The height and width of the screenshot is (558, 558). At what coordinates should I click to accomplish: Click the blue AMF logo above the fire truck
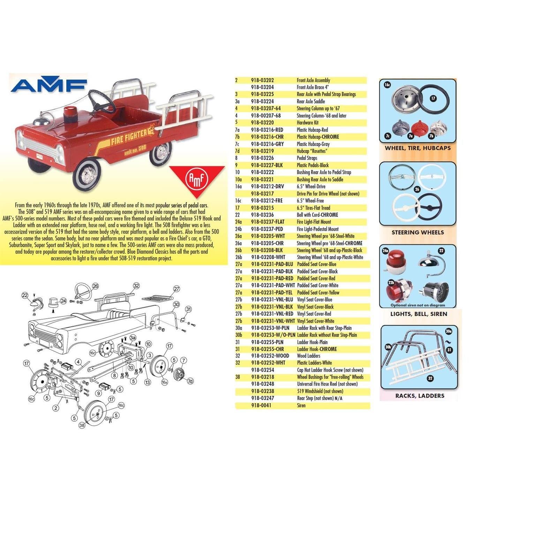click(x=49, y=85)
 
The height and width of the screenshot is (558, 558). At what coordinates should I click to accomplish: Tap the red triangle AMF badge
click(x=197, y=179)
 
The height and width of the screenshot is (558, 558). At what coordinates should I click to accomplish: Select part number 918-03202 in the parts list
click(x=262, y=80)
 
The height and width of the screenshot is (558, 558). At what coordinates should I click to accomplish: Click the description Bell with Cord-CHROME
click(x=317, y=215)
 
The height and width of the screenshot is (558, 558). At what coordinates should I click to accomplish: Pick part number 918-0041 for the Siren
click(x=261, y=405)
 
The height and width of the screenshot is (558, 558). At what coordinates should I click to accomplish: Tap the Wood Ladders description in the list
click(x=308, y=356)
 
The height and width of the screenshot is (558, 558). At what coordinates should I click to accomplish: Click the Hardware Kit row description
click(x=307, y=123)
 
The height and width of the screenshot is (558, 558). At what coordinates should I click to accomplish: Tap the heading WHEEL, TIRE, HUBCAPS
click(x=417, y=148)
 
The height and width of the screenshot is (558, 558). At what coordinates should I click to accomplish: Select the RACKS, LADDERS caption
click(x=420, y=396)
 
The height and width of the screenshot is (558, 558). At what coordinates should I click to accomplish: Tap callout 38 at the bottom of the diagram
click(x=82, y=425)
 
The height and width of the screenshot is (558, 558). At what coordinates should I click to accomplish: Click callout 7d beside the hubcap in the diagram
click(x=190, y=381)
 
